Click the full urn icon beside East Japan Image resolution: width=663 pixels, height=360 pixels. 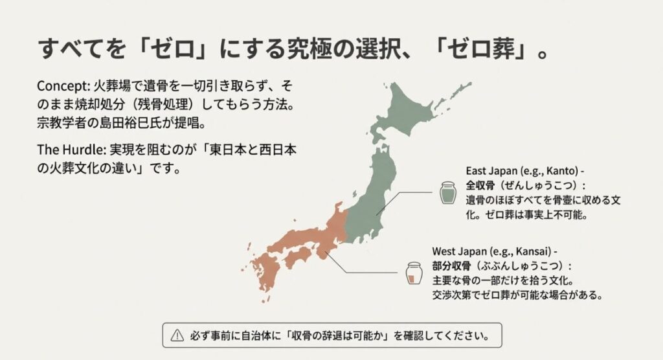coord(447,193)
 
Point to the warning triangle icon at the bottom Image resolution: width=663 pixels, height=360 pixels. coord(177,335)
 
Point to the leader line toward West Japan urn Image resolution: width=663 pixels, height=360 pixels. coord(363,271)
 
